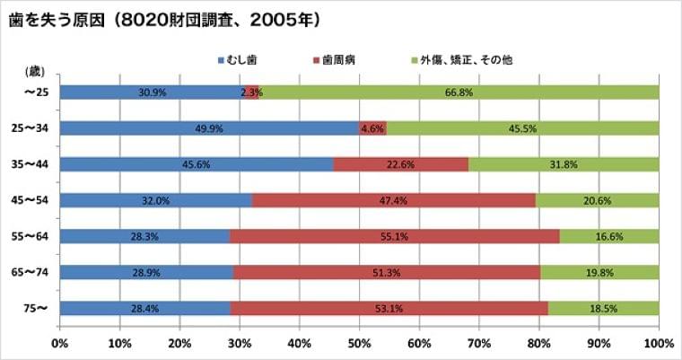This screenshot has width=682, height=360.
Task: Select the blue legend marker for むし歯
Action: tap(221, 60)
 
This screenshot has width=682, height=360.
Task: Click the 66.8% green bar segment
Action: tap(459, 92)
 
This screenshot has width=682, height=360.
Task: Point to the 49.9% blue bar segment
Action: tap(209, 128)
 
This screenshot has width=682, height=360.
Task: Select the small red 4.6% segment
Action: tap(372, 128)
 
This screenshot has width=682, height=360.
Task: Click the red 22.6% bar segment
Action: tap(400, 164)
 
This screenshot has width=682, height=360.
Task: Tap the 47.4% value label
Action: tap(393, 200)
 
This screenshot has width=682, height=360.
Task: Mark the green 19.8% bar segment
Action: tap(599, 272)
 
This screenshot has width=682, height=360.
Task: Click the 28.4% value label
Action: tap(145, 308)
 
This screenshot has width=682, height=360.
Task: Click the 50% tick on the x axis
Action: tap(359, 343)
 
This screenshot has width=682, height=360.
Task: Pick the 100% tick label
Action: tap(658, 343)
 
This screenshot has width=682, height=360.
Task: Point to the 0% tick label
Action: tap(60, 343)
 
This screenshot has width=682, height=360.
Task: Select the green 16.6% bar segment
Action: tap(608, 236)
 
